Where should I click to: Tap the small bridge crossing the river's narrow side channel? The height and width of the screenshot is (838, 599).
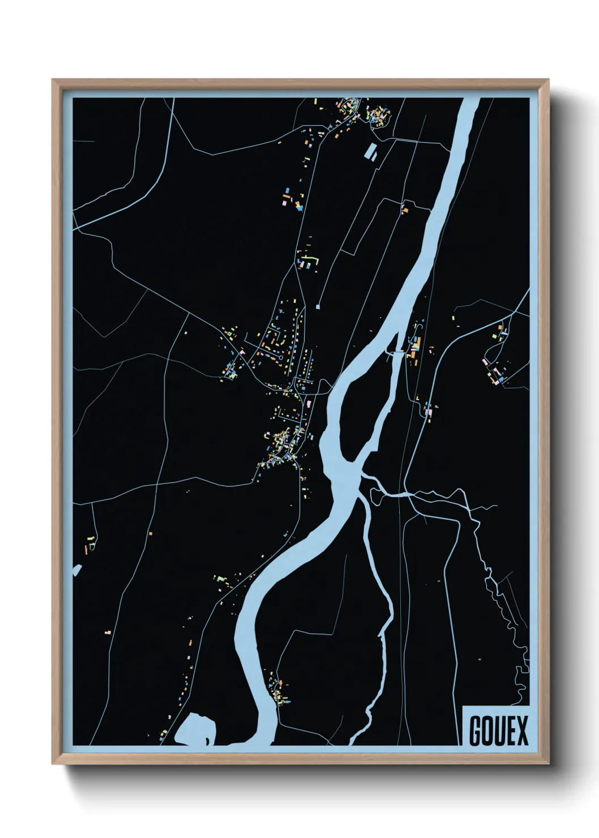(x=396, y=352)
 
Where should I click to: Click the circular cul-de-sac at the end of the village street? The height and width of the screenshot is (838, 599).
(x=281, y=358)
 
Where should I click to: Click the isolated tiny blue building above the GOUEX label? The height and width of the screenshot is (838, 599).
(x=479, y=659)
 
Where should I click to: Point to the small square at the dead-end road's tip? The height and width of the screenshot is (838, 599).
(x=318, y=306)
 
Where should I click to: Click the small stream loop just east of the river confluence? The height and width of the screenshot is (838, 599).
(x=375, y=496)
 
